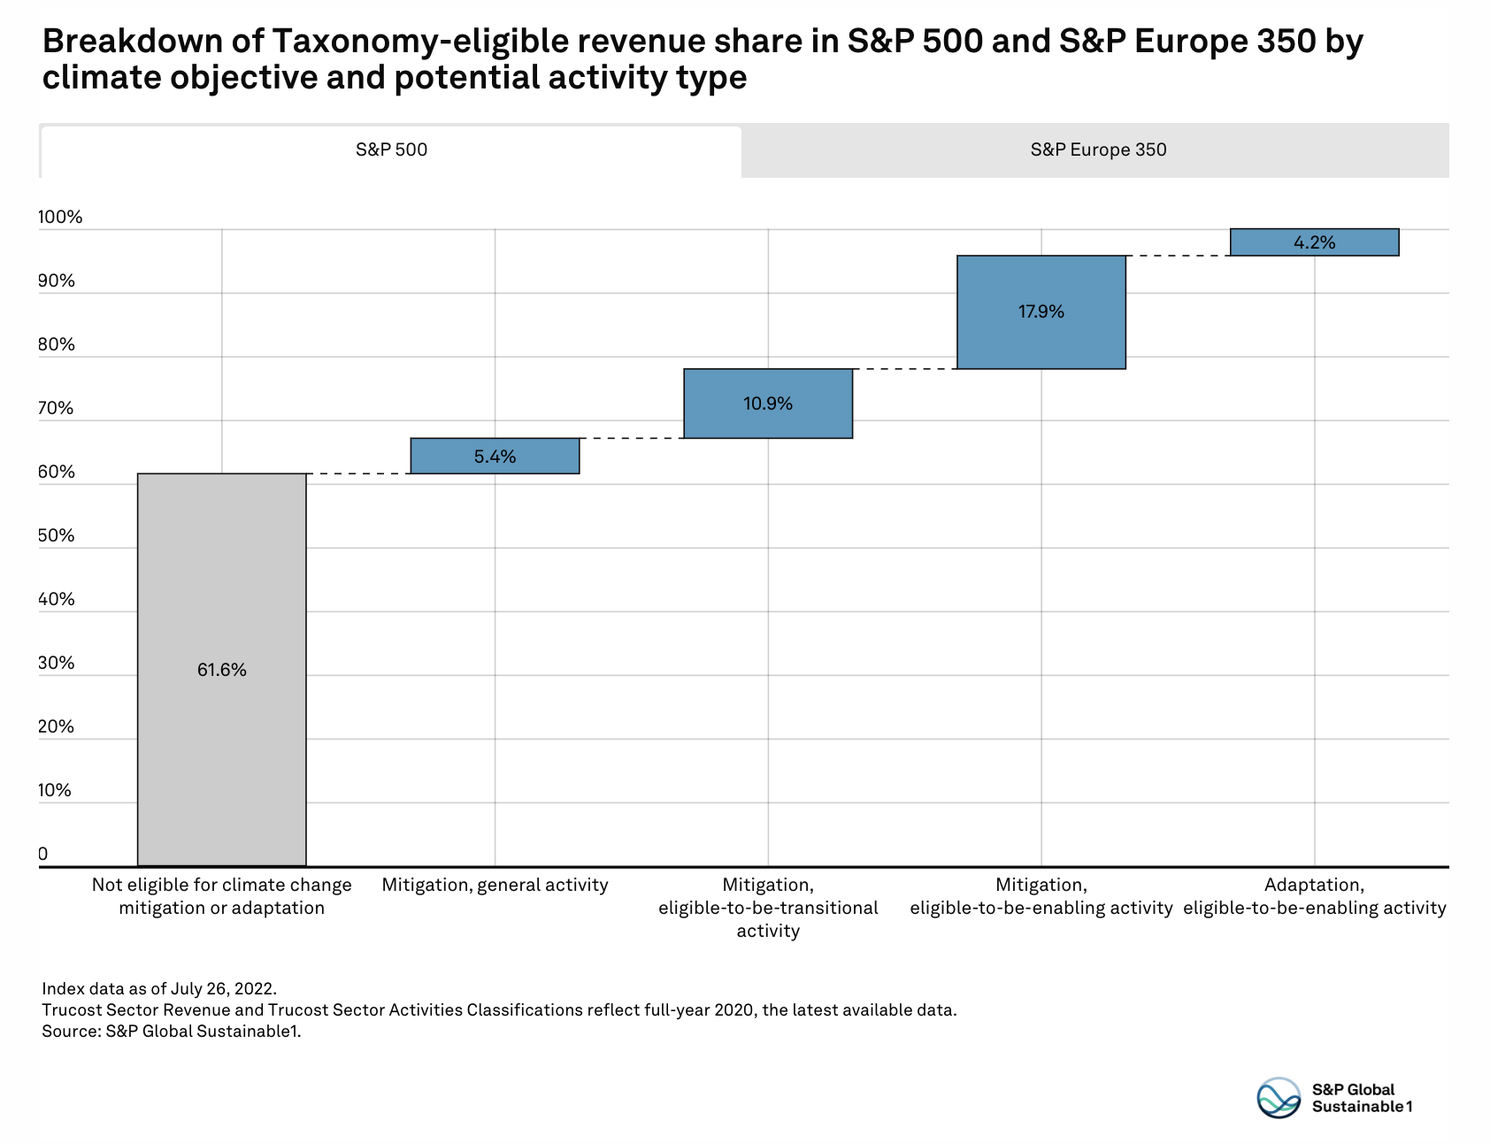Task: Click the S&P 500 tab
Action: (391, 150)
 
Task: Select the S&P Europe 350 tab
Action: (1097, 150)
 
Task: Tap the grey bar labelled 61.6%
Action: (222, 670)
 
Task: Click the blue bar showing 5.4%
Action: (495, 456)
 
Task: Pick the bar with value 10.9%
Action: (768, 403)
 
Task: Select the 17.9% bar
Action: (1041, 311)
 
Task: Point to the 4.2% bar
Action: (1314, 242)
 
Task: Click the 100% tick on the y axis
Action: (60, 218)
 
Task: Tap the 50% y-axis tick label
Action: (57, 536)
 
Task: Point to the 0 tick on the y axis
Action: (43, 855)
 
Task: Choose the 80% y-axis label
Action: (57, 345)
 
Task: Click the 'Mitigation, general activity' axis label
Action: (495, 886)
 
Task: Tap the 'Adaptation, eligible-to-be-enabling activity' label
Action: (1314, 896)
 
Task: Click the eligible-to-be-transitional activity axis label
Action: (768, 908)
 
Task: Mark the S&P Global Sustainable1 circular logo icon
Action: (1279, 1098)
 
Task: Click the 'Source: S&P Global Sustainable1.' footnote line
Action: (172, 1032)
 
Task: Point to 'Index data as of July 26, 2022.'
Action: (159, 989)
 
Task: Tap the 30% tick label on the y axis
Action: (57, 664)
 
